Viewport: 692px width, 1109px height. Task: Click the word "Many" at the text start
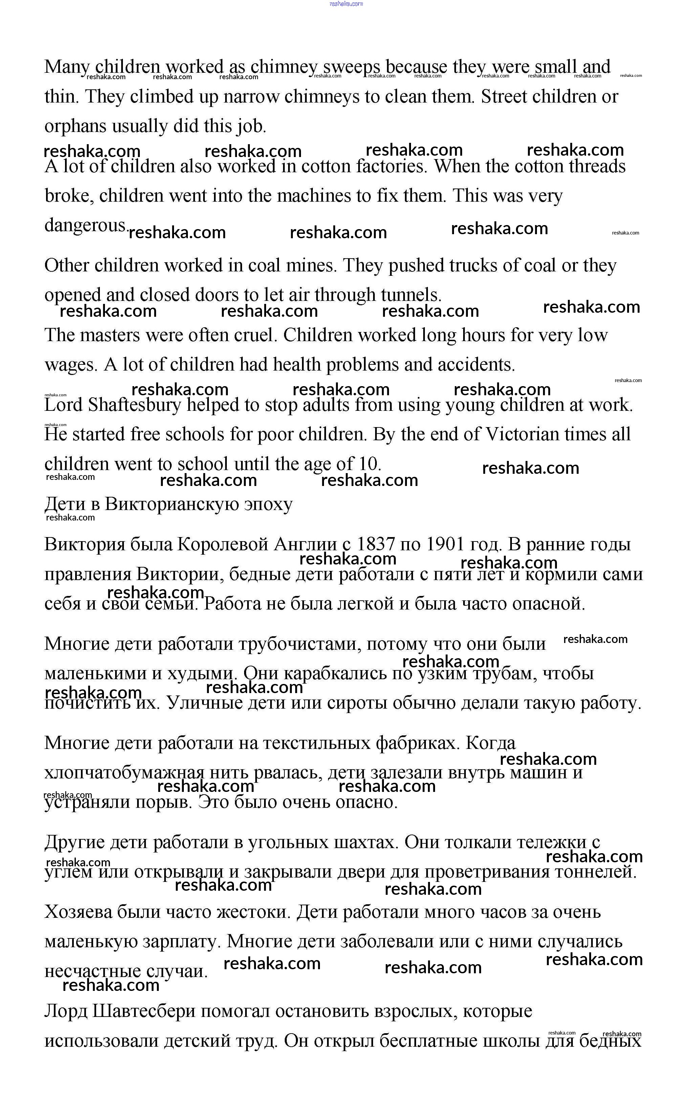pos(67,67)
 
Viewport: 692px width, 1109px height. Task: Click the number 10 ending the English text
pos(369,464)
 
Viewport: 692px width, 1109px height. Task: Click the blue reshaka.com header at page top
pos(346,4)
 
